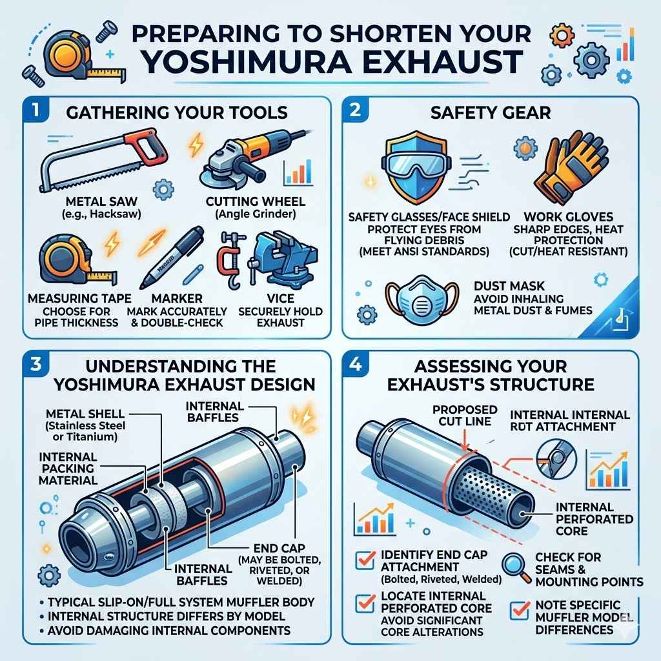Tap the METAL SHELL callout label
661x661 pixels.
(85, 413)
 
